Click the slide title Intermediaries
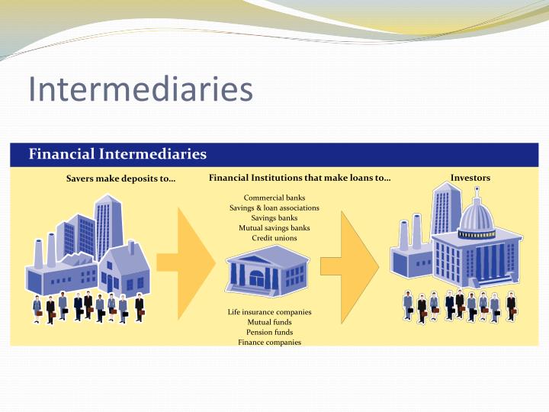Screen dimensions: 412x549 pos(140,89)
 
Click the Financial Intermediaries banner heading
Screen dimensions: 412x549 pos(117,154)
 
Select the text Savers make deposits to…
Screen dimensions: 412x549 pos(120,179)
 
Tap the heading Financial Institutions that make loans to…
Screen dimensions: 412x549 pos(300,178)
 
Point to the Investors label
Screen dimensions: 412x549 pos(470,178)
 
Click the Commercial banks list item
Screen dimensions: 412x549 pos(274,198)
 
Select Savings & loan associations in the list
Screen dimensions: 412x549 pos(274,208)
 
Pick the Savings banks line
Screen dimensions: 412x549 pos(274,217)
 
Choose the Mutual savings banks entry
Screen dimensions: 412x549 pos(274,227)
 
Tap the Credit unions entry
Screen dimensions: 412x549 pos(274,237)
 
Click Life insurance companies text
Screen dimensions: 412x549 pos(270,312)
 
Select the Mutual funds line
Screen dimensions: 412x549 pos(270,322)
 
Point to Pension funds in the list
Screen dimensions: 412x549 pos(270,332)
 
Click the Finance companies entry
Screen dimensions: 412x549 pos(270,342)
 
